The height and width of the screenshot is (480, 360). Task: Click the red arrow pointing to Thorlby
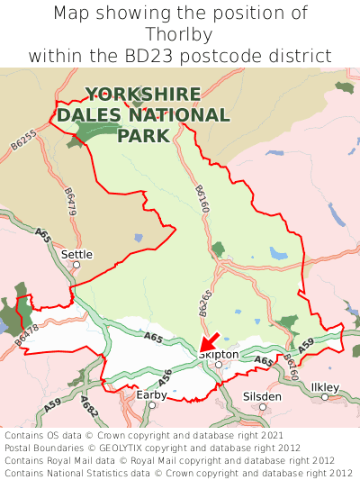(x=208, y=342)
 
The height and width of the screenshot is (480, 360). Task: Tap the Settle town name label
(x=76, y=254)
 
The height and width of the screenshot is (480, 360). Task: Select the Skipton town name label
(x=219, y=354)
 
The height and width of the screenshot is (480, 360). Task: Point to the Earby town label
(x=151, y=394)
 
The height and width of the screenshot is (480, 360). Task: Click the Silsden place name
(x=262, y=395)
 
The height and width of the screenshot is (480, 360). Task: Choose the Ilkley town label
(x=325, y=387)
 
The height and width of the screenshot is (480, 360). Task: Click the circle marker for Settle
(x=76, y=265)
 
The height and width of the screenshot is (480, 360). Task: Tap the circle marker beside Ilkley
(x=325, y=397)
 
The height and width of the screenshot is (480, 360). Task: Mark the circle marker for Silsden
(x=263, y=406)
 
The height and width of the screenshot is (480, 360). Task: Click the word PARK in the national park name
(x=143, y=136)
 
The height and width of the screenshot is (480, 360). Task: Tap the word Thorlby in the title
(x=180, y=35)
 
